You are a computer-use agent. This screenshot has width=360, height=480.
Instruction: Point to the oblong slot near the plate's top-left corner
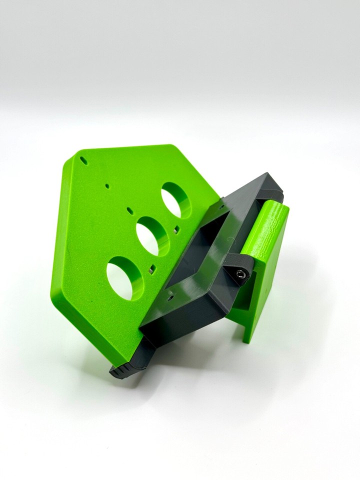pyautogui.click(x=84, y=162)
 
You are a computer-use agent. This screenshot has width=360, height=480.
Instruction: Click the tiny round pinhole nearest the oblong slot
pyautogui.click(x=107, y=186)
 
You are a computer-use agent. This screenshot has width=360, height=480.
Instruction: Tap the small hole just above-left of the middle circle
pyautogui.click(x=129, y=210)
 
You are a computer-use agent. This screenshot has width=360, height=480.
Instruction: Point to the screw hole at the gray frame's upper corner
pyautogui.click(x=222, y=205)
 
